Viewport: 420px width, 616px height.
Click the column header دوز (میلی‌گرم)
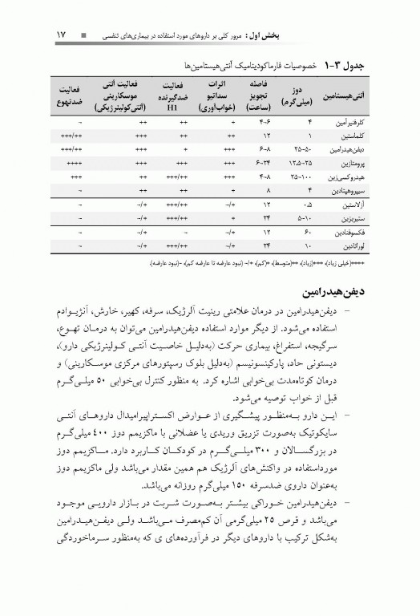(297, 95)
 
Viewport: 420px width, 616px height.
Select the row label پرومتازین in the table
(347, 162)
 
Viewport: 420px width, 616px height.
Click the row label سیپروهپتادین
(342, 189)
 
